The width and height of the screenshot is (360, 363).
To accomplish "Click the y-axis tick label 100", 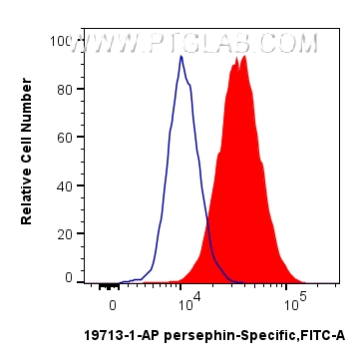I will [62, 42].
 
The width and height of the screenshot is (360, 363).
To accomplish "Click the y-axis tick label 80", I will [65, 90].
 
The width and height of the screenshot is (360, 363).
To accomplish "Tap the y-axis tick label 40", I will [65, 185].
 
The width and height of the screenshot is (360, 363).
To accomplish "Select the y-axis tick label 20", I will [65, 232].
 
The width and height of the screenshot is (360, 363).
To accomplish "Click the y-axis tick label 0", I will [69, 279].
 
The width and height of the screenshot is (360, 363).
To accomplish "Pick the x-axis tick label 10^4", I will [189, 300].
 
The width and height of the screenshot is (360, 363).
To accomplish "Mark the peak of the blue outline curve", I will [180, 57].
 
